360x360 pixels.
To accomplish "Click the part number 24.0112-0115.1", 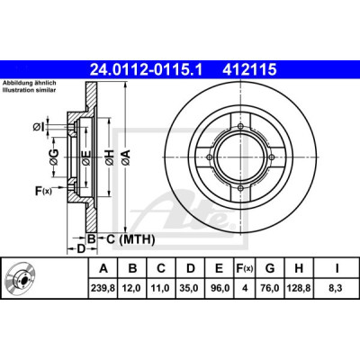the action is pyautogui.click(x=147, y=70).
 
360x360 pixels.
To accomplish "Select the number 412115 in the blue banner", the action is pyautogui.click(x=249, y=70).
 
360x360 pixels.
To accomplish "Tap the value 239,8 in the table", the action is pyautogui.click(x=103, y=289).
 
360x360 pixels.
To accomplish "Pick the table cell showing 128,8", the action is pyautogui.click(x=299, y=289).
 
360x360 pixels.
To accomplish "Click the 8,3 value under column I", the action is pyautogui.click(x=337, y=289).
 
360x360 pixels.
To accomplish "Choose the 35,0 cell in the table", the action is pyautogui.click(x=190, y=289).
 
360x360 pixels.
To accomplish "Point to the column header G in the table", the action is pyautogui.click(x=270, y=268).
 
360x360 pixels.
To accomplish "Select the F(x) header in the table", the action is pyautogui.click(x=245, y=268).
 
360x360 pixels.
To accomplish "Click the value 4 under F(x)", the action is pyautogui.click(x=245, y=289).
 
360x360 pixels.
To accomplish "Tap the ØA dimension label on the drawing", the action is pyautogui.click(x=126, y=157).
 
